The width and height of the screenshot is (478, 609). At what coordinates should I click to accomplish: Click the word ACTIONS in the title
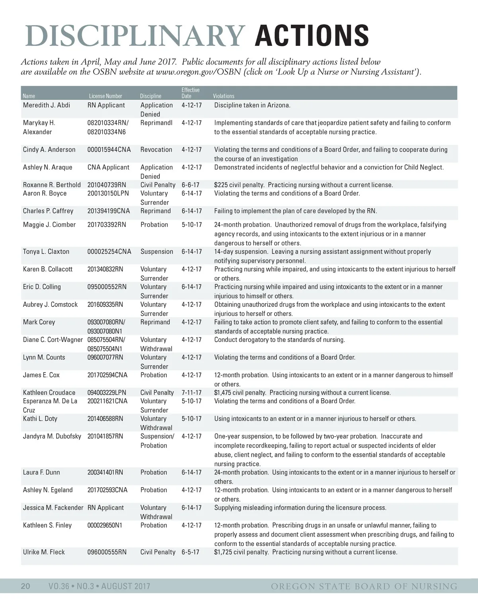pos(311,35)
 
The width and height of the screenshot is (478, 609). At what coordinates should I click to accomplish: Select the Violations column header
pos(223,96)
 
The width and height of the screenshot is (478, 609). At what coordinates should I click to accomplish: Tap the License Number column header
pos(106,96)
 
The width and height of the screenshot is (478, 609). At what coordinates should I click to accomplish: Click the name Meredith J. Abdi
pos(46,105)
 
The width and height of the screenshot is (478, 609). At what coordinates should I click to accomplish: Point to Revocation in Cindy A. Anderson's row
pos(156,150)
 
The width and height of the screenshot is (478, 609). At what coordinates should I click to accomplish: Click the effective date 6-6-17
pos(190,185)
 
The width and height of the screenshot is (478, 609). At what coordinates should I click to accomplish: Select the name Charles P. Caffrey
pos(48,211)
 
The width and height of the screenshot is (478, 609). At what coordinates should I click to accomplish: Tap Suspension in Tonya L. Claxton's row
pos(157,252)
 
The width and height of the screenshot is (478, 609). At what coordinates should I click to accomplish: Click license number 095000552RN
pos(107,287)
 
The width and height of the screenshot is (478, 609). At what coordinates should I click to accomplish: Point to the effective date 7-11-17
pos(191,392)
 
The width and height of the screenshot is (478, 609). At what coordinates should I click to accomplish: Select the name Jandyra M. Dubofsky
pos(52,436)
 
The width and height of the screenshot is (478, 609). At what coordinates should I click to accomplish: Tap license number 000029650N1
pos(105,525)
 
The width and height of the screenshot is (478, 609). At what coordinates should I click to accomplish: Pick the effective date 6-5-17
pos(190,552)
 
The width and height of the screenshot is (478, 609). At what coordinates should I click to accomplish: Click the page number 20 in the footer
pos(25,586)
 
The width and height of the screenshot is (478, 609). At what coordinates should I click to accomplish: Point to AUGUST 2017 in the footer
pos(125,586)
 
